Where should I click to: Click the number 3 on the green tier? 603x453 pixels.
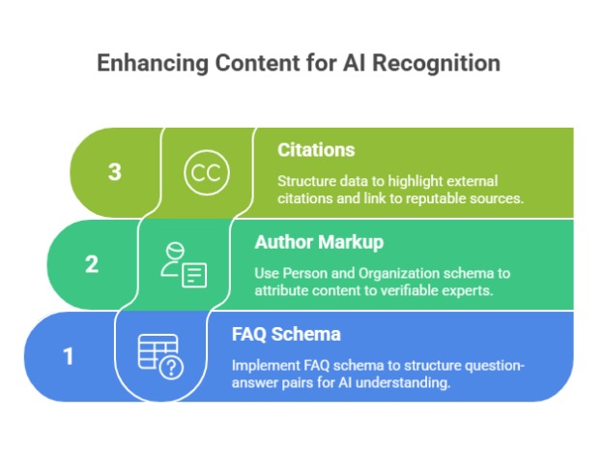coord(115,172)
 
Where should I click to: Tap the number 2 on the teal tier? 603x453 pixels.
coord(92,263)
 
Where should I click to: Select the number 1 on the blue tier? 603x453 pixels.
coord(69,356)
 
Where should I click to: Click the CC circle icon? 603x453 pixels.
coord(204,172)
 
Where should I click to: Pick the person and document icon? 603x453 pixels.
coord(183,263)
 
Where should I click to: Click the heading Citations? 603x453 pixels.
coord(316,150)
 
